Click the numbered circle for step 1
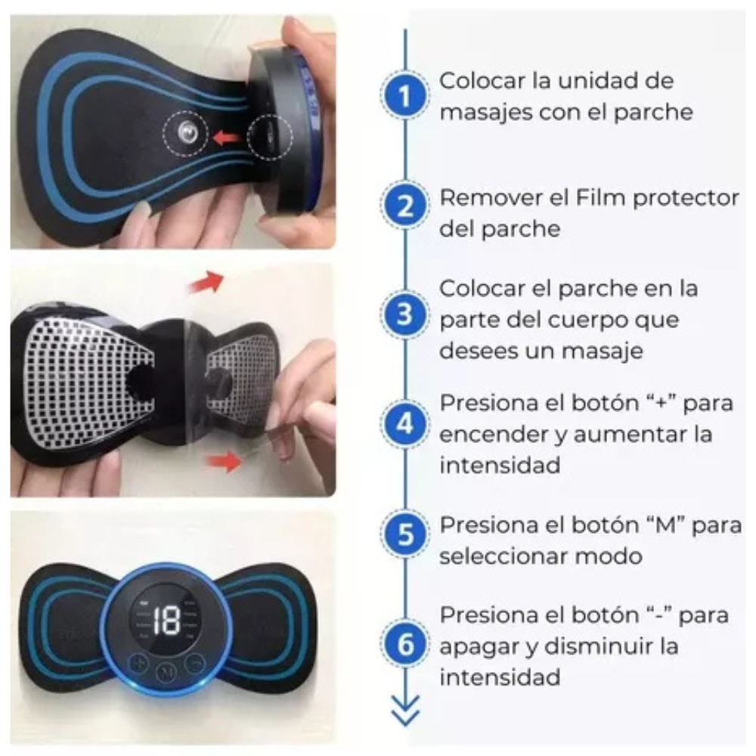click(x=405, y=95)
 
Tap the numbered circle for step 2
click(x=405, y=206)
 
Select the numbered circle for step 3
click(x=405, y=314)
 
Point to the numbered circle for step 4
click(x=405, y=424)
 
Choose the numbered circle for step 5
click(x=405, y=534)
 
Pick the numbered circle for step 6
click(x=405, y=644)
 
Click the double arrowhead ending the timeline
click(x=405, y=711)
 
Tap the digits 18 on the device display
click(x=166, y=621)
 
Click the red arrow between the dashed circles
click(x=226, y=138)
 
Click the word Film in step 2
click(x=600, y=197)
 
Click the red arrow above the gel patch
click(x=206, y=281)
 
